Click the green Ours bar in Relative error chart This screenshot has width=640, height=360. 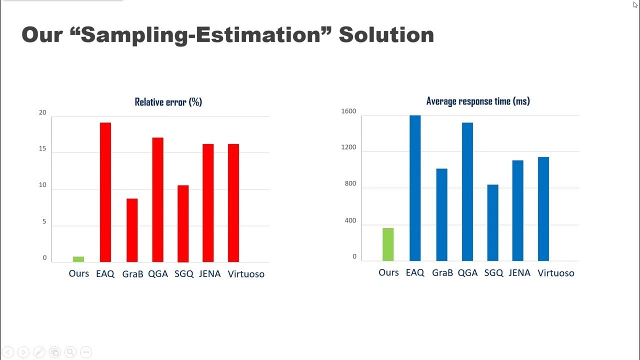78,259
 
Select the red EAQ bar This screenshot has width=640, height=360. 105,192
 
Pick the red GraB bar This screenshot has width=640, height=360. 132,230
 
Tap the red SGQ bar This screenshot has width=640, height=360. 183,223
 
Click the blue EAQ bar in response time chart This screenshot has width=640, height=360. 415,188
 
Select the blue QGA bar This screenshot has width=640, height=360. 467,191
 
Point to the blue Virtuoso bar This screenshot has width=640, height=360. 543,209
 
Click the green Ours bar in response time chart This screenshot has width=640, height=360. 388,244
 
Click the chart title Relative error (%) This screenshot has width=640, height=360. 168,102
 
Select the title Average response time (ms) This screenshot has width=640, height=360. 478,101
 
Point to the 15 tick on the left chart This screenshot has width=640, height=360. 42,148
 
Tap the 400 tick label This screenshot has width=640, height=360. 350,220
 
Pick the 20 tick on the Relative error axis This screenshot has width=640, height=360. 42,112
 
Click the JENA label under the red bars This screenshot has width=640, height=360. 209,274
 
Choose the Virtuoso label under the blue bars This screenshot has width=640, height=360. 556,273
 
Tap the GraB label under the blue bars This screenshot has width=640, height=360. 442,273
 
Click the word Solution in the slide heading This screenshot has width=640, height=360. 386,35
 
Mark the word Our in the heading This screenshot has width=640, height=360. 41,35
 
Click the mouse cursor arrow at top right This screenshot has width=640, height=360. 635,4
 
